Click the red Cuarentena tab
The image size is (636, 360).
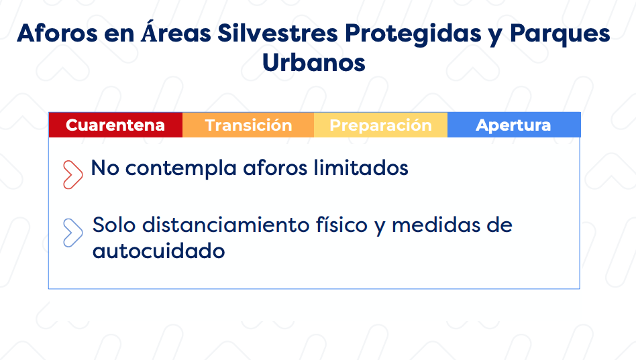coord(115,125)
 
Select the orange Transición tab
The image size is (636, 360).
coord(248,125)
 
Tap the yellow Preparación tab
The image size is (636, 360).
coord(380,125)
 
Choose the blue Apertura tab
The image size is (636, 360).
coord(514,125)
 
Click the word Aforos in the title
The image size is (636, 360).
coord(57,33)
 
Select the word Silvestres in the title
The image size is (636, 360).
coord(278,33)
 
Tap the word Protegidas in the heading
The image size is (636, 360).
coord(413,34)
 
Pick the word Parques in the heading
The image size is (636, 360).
coord(560,34)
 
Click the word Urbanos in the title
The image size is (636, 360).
coord(314,63)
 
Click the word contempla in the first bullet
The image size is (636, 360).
coord(181,168)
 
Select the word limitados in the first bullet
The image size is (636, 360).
coord(361,168)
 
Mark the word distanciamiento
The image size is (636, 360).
coord(226,225)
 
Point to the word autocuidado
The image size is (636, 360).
coord(158,251)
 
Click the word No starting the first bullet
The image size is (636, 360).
coord(105,168)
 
